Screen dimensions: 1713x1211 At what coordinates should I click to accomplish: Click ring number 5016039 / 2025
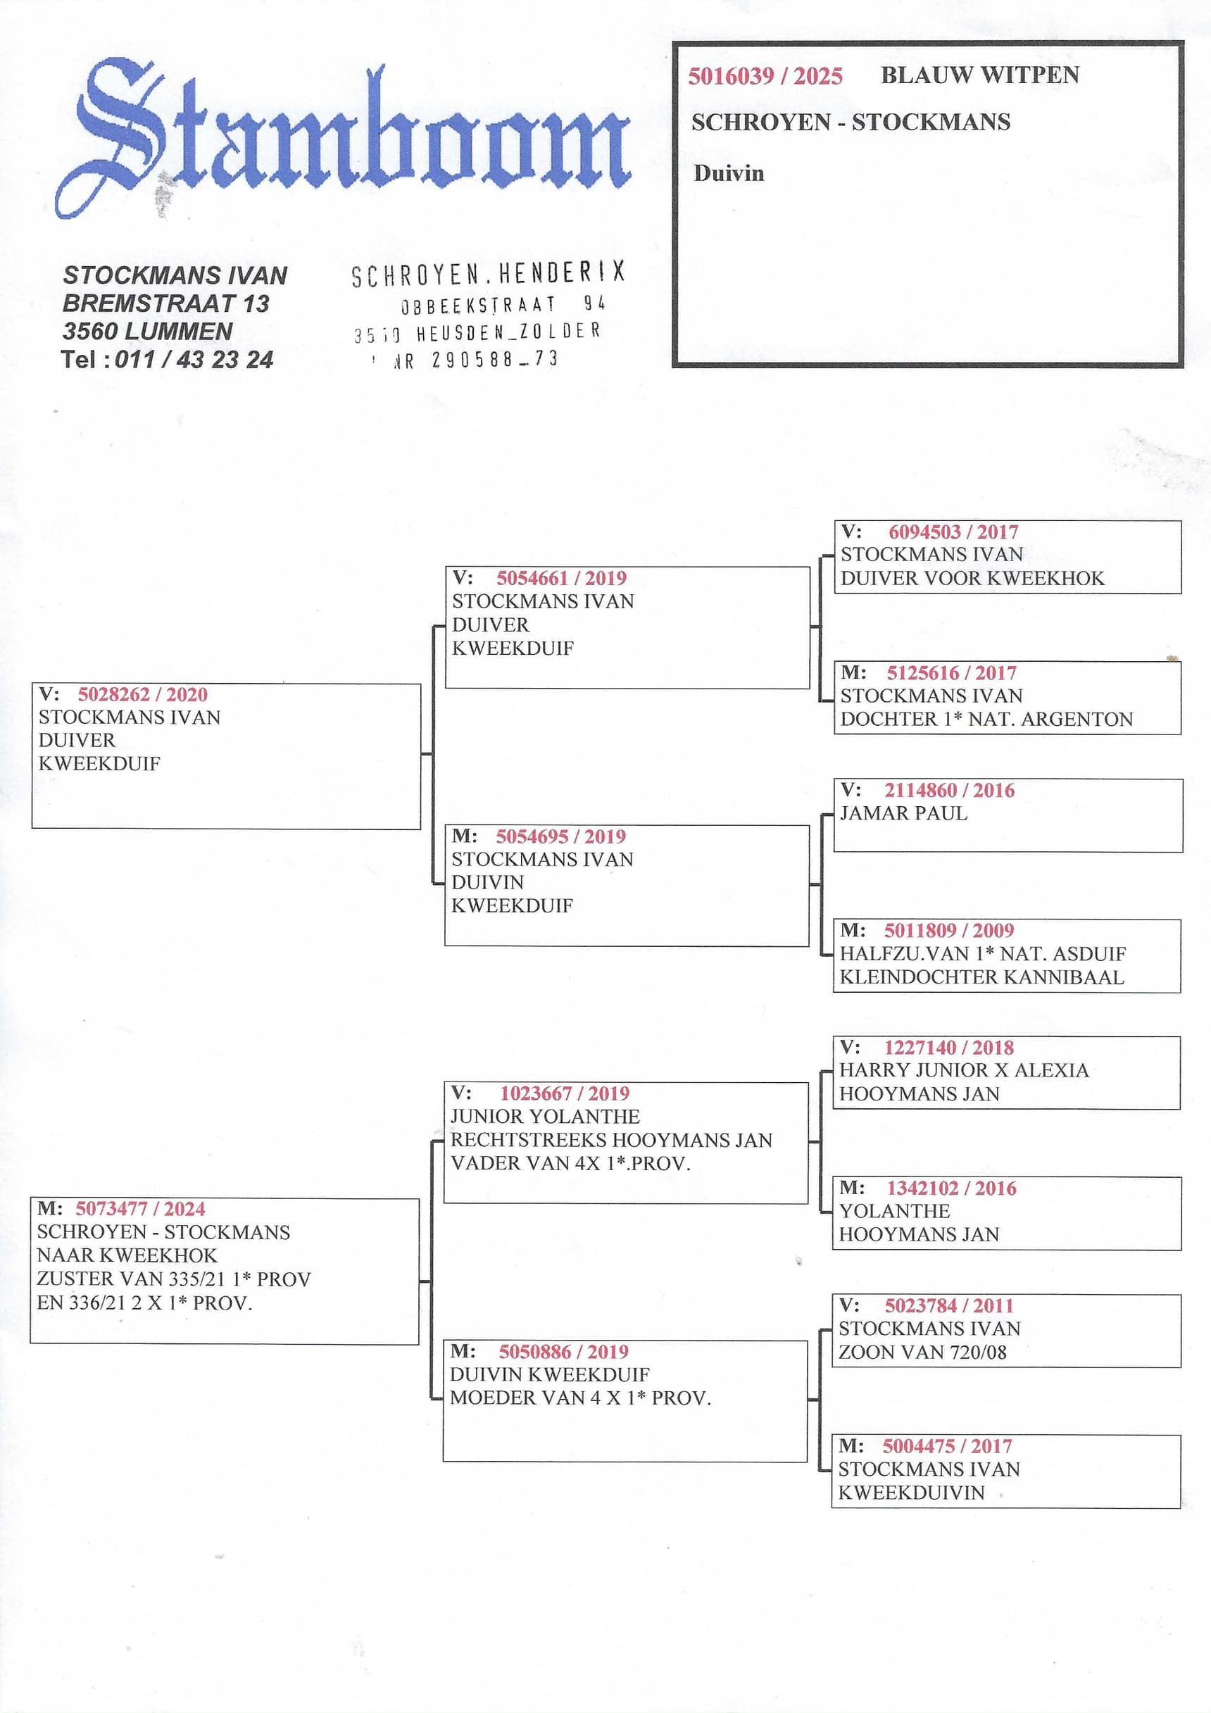pos(765,76)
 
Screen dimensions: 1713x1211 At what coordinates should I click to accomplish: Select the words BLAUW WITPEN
pos(979,75)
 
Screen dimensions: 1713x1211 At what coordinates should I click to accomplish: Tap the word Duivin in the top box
pos(728,173)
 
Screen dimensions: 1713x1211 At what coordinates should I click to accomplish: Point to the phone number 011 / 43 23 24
pos(194,360)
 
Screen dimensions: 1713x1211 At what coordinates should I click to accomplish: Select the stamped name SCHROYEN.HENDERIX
pos(488,275)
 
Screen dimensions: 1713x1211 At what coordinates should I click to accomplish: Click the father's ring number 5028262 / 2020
pos(142,695)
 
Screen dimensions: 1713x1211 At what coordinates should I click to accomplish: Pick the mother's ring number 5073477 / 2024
pos(140,1209)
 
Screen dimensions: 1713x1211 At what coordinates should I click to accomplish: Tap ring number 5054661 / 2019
pos(561,578)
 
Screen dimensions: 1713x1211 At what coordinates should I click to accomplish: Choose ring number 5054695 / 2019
pos(560,836)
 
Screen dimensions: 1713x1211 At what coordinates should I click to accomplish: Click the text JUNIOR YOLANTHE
pos(545,1117)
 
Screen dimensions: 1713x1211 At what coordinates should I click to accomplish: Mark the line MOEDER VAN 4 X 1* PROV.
pos(579,1398)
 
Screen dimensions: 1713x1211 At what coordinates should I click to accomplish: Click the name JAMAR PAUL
pos(903,813)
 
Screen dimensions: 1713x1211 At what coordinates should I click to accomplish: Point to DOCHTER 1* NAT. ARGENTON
pos(986,720)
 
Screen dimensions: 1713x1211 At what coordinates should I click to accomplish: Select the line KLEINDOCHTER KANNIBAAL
pos(981,977)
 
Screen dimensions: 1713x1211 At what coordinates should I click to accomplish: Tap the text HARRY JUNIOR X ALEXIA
pos(963,1071)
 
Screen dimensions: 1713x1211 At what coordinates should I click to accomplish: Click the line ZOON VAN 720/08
pos(922,1352)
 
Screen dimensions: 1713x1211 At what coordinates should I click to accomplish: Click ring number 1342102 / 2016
pos(950,1188)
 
